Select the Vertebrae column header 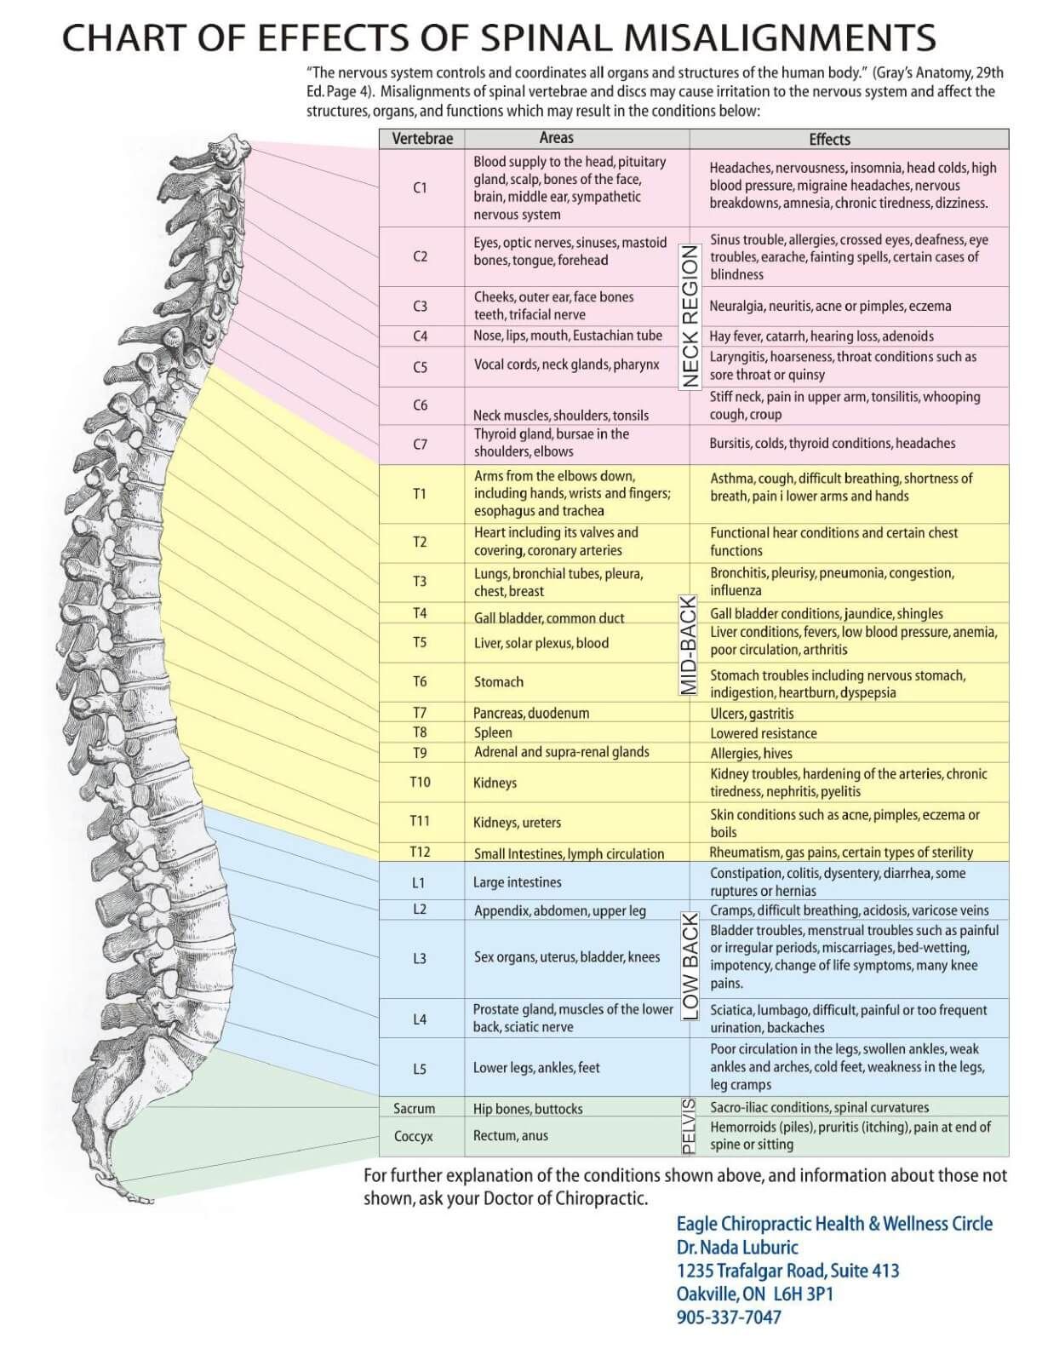pyautogui.click(x=422, y=139)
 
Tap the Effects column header pyautogui.click(x=829, y=139)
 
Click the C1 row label pyautogui.click(x=421, y=187)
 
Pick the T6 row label pyautogui.click(x=421, y=681)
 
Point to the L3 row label pyautogui.click(x=420, y=958)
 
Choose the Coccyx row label pyautogui.click(x=413, y=1136)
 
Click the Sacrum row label pyautogui.click(x=414, y=1108)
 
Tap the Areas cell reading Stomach pyautogui.click(x=498, y=681)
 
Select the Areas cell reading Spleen pyautogui.click(x=493, y=732)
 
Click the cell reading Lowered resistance pyautogui.click(x=764, y=733)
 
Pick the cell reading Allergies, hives pyautogui.click(x=751, y=753)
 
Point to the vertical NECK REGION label pyautogui.click(x=690, y=317)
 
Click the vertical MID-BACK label pyautogui.click(x=688, y=645)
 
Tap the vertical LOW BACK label pyautogui.click(x=690, y=967)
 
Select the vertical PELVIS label pyautogui.click(x=688, y=1126)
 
